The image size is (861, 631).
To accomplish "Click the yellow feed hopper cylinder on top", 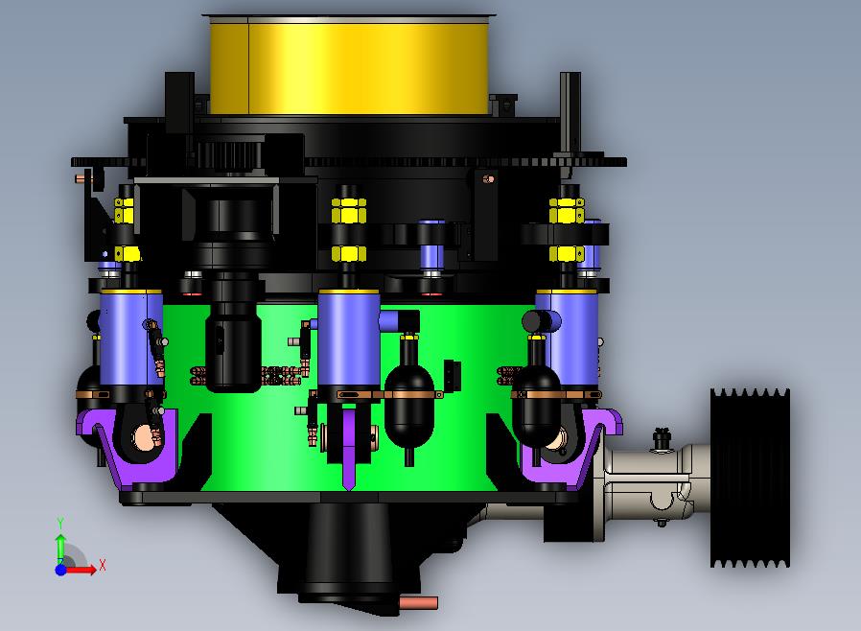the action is [349, 66].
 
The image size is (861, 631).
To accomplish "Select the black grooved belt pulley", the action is [750, 478].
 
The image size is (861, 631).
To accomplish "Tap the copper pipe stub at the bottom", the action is [418, 603].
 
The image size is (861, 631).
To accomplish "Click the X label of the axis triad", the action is [103, 565].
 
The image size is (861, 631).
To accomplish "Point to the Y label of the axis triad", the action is [60, 523].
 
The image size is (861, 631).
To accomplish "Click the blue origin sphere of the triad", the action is [60, 570].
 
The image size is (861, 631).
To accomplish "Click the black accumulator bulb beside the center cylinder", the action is [409, 404].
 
